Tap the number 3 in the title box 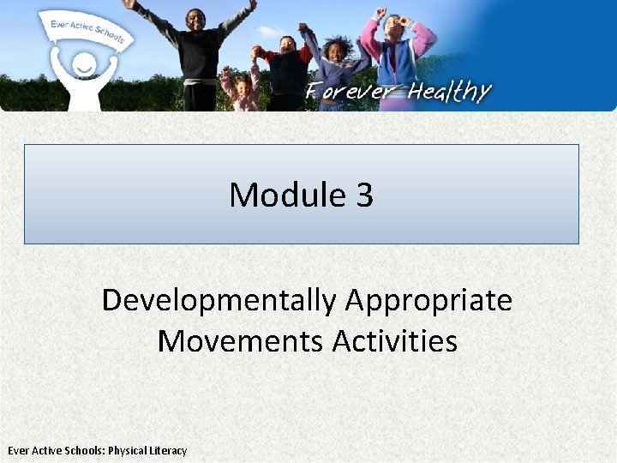(x=363, y=195)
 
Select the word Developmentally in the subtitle (x=219, y=300)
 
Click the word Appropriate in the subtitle (x=428, y=300)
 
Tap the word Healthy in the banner (x=449, y=92)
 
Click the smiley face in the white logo (x=83, y=65)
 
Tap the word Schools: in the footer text (x=81, y=450)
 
